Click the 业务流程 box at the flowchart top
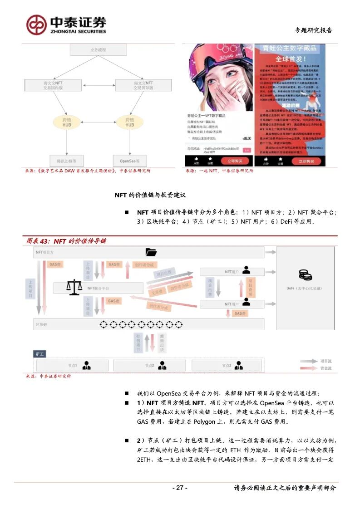pos(99,49)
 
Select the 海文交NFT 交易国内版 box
pos(54,85)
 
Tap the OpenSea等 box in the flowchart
pos(130,161)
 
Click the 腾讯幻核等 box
pos(66,161)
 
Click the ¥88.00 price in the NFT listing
pos(247,138)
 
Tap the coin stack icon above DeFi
pos(305,274)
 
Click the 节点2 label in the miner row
pos(150,365)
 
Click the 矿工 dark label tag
pos(40,353)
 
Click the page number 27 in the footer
pos(180,488)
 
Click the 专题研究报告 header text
pos(314,30)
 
